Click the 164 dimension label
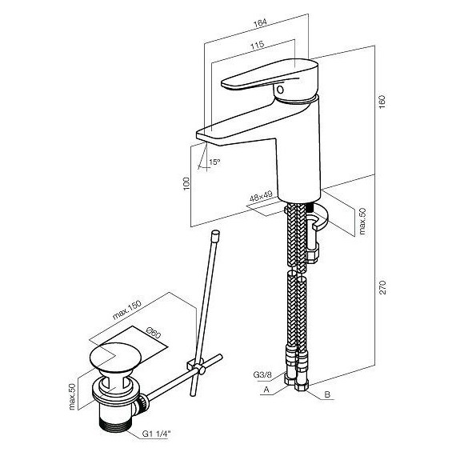[260, 22]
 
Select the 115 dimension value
[258, 45]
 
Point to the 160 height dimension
[382, 102]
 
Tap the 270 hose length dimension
[382, 287]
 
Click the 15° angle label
[214, 162]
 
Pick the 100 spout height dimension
[186, 183]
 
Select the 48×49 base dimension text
[261, 196]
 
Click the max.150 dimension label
[126, 310]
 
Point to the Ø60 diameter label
[154, 333]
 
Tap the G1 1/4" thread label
[155, 434]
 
